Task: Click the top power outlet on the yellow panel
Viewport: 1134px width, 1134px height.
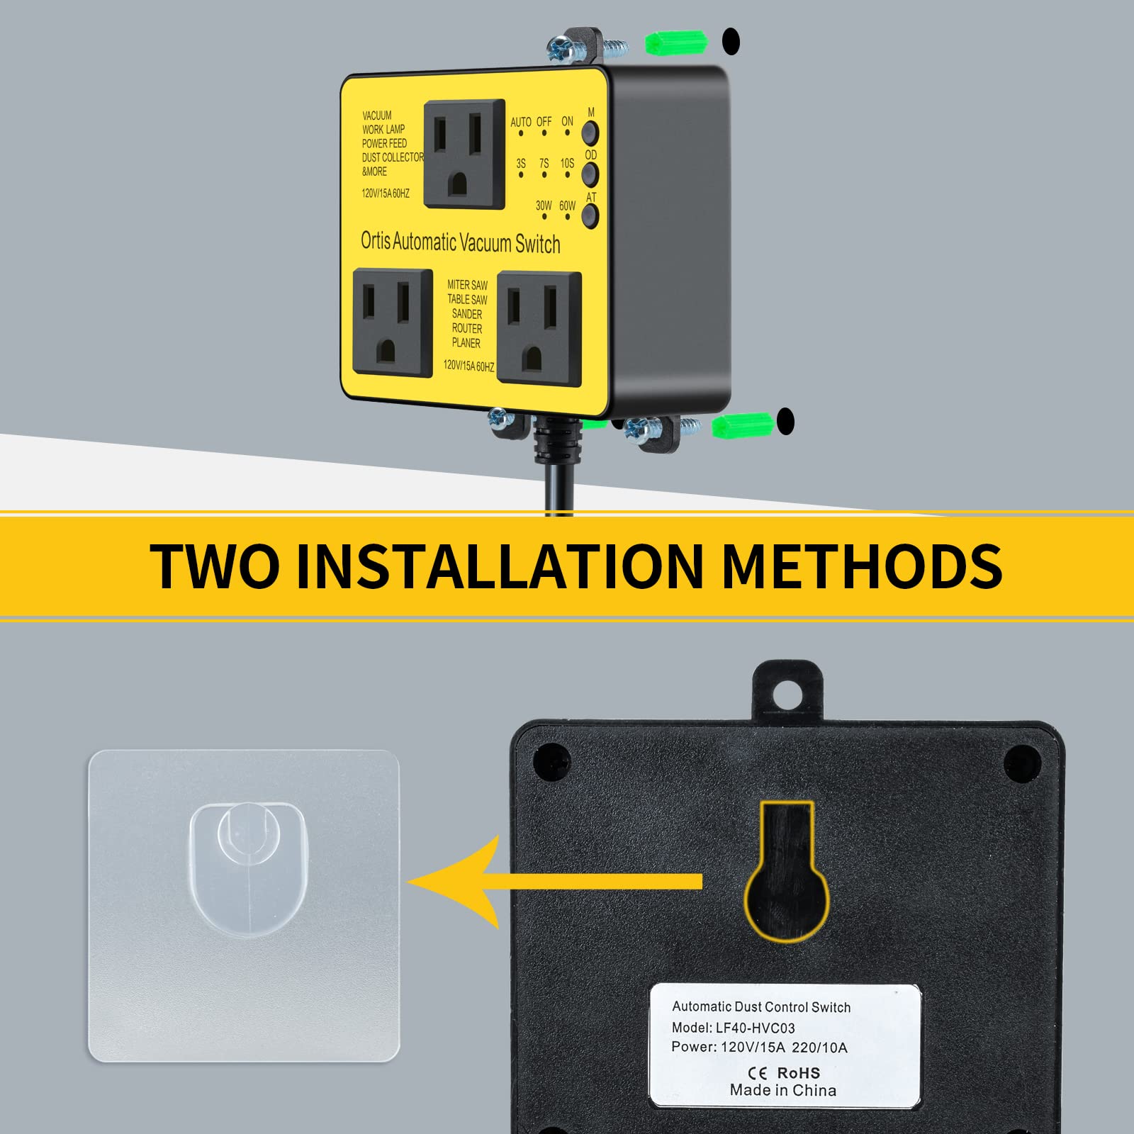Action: click(464, 155)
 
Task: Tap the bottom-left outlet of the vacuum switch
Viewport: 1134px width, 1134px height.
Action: click(392, 323)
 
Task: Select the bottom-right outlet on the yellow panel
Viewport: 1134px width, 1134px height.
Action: click(539, 327)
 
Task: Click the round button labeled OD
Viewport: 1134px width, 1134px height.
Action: click(590, 174)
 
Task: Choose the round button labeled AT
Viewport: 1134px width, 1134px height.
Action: click(590, 215)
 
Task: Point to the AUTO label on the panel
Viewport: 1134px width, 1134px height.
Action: click(521, 122)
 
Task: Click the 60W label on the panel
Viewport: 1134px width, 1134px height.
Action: click(567, 206)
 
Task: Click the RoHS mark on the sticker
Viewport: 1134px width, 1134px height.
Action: click(798, 1073)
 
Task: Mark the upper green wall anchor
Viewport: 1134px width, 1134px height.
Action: click(675, 43)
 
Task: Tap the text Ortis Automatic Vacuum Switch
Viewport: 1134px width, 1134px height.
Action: click(461, 242)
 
